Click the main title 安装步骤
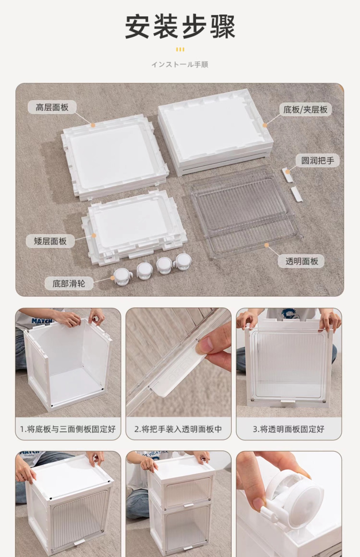tap(180, 27)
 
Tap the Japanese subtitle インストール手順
tap(180, 64)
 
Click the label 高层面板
tap(52, 108)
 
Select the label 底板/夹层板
tap(305, 110)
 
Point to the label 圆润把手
tap(317, 160)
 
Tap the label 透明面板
tap(302, 261)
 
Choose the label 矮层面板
tap(50, 241)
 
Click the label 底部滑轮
tap(69, 283)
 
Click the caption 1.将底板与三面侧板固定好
tap(68, 429)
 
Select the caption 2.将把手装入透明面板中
tap(178, 429)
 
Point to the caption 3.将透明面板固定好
tap(289, 429)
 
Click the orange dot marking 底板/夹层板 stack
tap(265, 125)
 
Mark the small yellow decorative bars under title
tap(180, 49)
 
